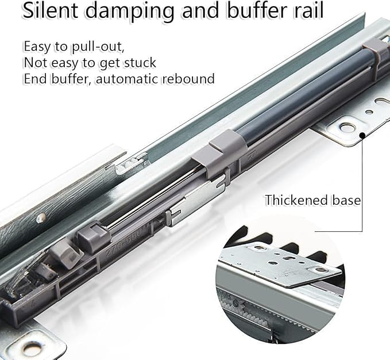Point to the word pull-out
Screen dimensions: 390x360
coord(98,47)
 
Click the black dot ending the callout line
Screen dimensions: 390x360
coord(362,135)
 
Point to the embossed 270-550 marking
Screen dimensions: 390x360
coord(123,243)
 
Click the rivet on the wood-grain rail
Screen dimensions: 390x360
coord(41,218)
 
